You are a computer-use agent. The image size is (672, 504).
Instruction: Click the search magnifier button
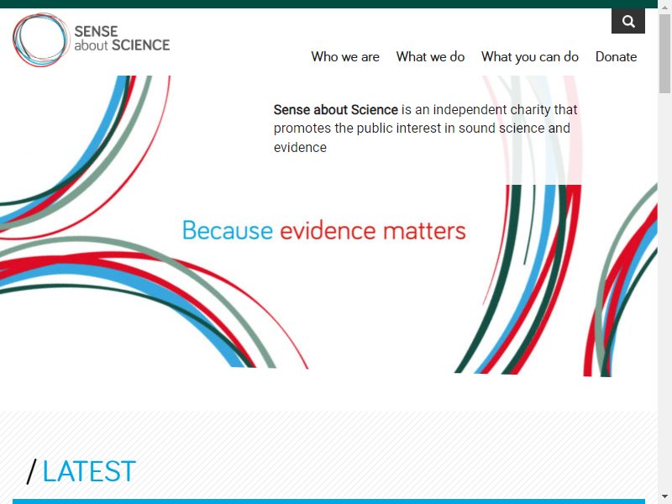(627, 21)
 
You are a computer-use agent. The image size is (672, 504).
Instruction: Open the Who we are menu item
(345, 56)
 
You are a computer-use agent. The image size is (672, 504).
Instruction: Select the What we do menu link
(430, 56)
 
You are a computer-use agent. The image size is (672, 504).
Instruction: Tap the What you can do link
(530, 57)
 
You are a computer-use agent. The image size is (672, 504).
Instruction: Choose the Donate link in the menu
(616, 56)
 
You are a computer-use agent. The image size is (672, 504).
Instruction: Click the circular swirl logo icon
(40, 39)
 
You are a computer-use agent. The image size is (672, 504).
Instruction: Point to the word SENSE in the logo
(96, 31)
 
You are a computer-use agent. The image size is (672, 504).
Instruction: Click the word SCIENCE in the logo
(140, 45)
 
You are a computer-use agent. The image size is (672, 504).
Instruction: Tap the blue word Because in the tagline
(228, 230)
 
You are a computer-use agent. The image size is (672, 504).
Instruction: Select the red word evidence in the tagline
(328, 230)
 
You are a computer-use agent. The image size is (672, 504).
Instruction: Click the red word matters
(424, 231)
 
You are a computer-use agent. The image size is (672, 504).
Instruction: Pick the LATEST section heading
(89, 471)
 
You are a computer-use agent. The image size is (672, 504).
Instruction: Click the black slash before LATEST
(32, 471)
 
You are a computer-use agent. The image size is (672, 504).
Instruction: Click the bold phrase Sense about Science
(335, 110)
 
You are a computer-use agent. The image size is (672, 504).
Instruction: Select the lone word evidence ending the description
(300, 148)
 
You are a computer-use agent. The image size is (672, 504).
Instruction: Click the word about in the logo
(91, 45)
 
